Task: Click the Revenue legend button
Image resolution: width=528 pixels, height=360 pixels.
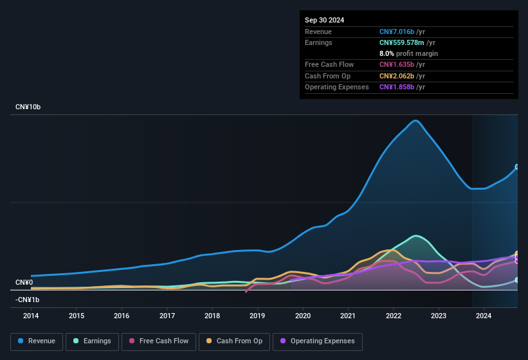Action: click(x=37, y=341)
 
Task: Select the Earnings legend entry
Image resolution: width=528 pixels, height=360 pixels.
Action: click(x=92, y=341)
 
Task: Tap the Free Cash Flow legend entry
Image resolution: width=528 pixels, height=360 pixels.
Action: click(x=158, y=341)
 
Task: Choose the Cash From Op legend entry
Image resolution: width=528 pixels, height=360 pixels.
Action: click(x=234, y=341)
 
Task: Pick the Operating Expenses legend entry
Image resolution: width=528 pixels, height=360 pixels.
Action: click(x=317, y=341)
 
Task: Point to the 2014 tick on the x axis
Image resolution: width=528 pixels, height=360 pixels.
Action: click(x=31, y=316)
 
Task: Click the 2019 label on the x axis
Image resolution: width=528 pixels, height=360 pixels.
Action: click(x=257, y=316)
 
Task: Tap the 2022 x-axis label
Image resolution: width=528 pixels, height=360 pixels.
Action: click(x=394, y=316)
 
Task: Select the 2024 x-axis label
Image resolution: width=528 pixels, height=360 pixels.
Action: click(x=484, y=316)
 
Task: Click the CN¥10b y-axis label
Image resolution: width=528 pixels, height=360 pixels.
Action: click(x=28, y=107)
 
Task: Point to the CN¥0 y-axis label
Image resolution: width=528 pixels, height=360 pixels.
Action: click(x=24, y=283)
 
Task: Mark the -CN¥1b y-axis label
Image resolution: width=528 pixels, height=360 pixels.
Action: click(x=28, y=300)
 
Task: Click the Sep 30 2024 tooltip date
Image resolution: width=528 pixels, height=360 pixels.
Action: click(x=324, y=20)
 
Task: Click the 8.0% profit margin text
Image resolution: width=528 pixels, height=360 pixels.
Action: click(x=408, y=54)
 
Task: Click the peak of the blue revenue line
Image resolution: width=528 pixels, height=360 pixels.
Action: click(x=416, y=120)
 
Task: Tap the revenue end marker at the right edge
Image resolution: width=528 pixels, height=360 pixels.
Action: click(x=517, y=166)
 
